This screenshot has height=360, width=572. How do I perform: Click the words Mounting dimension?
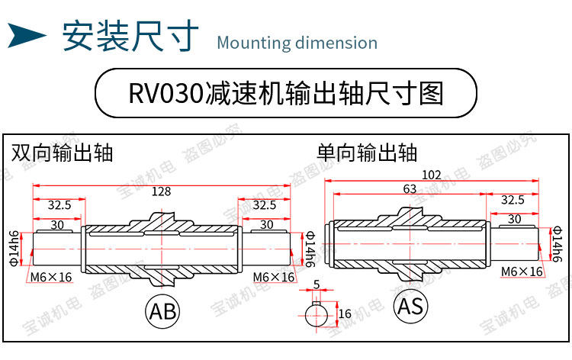[297, 42]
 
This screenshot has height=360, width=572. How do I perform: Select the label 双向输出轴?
[62, 153]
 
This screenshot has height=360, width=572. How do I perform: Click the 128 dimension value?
[161, 191]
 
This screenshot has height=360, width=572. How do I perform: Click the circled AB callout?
[162, 310]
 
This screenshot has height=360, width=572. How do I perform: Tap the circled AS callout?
[410, 306]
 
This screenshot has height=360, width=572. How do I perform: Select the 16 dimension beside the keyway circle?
[344, 313]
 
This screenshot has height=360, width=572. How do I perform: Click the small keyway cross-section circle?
[315, 313]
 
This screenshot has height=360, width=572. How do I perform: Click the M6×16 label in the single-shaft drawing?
[522, 272]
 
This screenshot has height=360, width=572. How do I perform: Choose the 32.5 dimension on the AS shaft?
[511, 200]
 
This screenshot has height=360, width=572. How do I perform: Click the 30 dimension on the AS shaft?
[514, 219]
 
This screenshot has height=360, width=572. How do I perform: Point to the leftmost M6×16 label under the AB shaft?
[51, 276]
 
